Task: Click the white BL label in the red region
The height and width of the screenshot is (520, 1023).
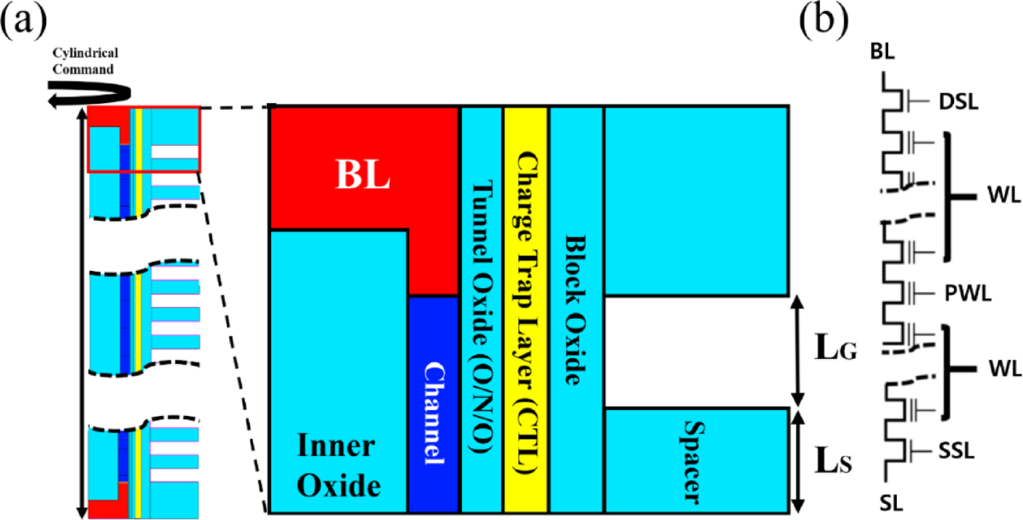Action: [x=359, y=176]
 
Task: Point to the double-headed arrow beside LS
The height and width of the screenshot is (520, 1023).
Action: [x=800, y=461]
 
